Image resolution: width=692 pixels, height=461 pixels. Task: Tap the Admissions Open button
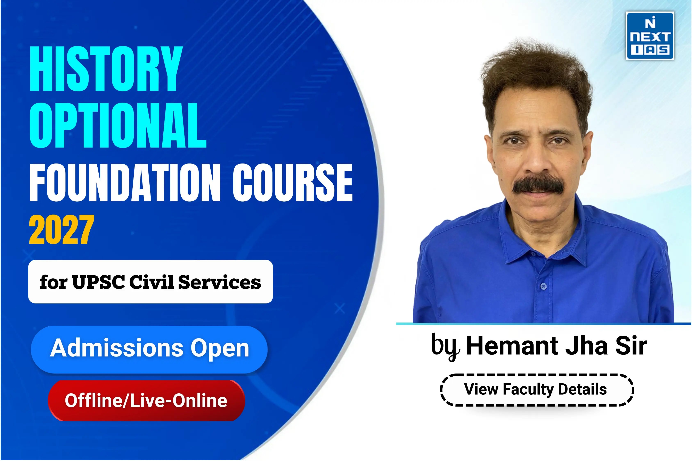(x=149, y=350)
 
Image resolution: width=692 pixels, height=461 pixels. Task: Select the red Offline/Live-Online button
(x=146, y=400)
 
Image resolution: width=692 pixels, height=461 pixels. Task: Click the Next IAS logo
(x=650, y=36)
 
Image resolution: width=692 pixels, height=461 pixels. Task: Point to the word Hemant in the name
(x=512, y=346)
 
